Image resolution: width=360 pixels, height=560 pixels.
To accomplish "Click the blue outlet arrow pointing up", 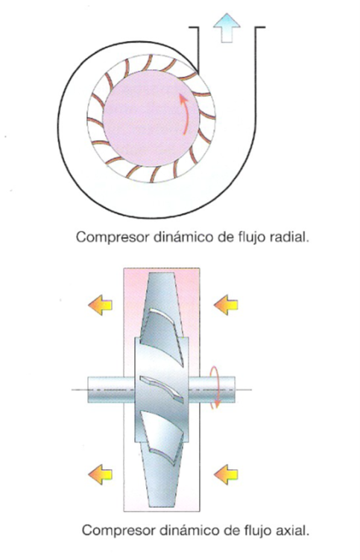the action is pos(227,28).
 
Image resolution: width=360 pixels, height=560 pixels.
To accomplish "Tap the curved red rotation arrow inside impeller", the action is pos(185,114).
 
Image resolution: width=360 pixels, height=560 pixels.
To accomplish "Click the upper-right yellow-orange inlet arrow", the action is pos(226,305).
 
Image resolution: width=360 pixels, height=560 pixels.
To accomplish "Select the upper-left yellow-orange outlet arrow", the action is pos(100,305).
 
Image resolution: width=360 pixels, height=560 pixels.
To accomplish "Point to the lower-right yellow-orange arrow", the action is pos(226,474).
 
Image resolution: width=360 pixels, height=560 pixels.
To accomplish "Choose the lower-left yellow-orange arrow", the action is pos(100,474).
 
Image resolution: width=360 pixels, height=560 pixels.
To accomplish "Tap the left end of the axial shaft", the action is pos(89,389).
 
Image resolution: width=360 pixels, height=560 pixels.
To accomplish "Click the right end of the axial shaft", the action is pos(234,389).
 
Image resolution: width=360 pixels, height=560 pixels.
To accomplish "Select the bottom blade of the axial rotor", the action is pos(162,461).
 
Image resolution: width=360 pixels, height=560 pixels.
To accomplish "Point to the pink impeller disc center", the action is pos(151,118).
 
